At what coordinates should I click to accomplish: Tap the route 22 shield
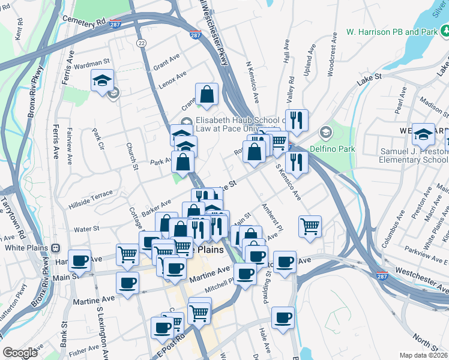141,43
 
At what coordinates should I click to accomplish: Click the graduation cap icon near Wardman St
102,80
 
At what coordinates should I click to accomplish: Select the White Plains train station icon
56,247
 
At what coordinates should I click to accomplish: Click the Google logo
20,353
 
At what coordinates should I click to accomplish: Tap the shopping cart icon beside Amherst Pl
310,226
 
